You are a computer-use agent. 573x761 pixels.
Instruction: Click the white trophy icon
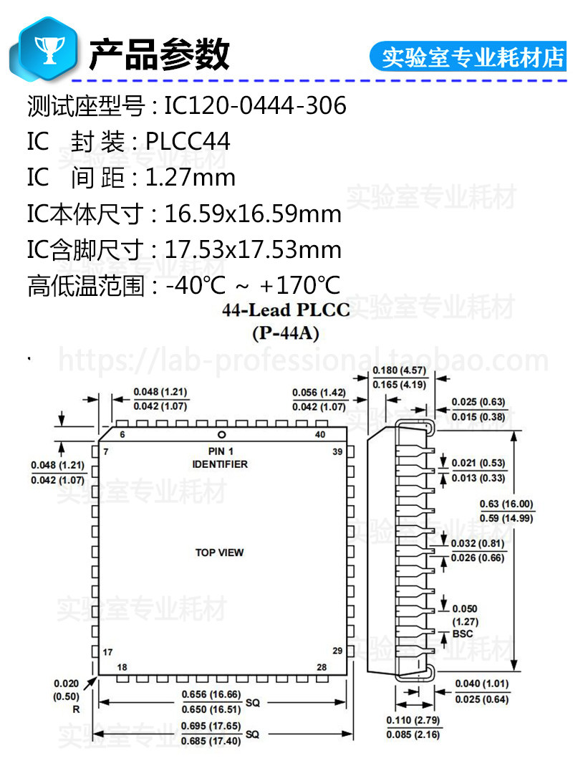click(49, 49)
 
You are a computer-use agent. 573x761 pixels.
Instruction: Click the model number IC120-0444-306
click(255, 106)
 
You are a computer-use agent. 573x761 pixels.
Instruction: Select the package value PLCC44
click(187, 142)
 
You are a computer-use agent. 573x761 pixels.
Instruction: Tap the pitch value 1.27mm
click(191, 178)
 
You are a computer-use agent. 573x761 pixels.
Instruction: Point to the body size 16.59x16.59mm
click(253, 214)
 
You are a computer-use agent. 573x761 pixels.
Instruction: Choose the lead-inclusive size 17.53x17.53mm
click(253, 249)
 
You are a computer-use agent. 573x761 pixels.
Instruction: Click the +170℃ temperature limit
click(300, 285)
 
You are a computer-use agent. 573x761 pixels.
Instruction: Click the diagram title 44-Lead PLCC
click(286, 310)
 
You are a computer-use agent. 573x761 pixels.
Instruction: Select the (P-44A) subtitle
click(285, 333)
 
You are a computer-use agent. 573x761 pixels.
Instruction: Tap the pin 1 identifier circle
click(222, 435)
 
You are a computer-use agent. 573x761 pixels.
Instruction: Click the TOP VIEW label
click(219, 552)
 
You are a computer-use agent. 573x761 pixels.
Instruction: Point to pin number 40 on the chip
click(320, 434)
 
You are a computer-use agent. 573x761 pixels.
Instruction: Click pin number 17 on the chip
click(107, 652)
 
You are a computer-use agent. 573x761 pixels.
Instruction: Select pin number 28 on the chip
click(322, 667)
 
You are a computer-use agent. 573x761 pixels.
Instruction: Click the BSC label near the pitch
click(463, 634)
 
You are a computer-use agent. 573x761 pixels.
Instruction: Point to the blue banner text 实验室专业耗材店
click(473, 57)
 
